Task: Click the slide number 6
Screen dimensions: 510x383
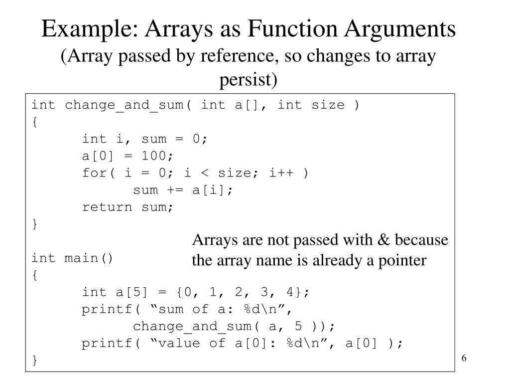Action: click(464, 360)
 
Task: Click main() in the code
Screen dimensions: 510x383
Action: click(90, 258)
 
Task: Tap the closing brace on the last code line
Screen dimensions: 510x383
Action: click(34, 360)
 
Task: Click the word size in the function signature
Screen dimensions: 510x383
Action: click(328, 105)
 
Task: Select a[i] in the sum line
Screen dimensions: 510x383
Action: click(213, 190)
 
